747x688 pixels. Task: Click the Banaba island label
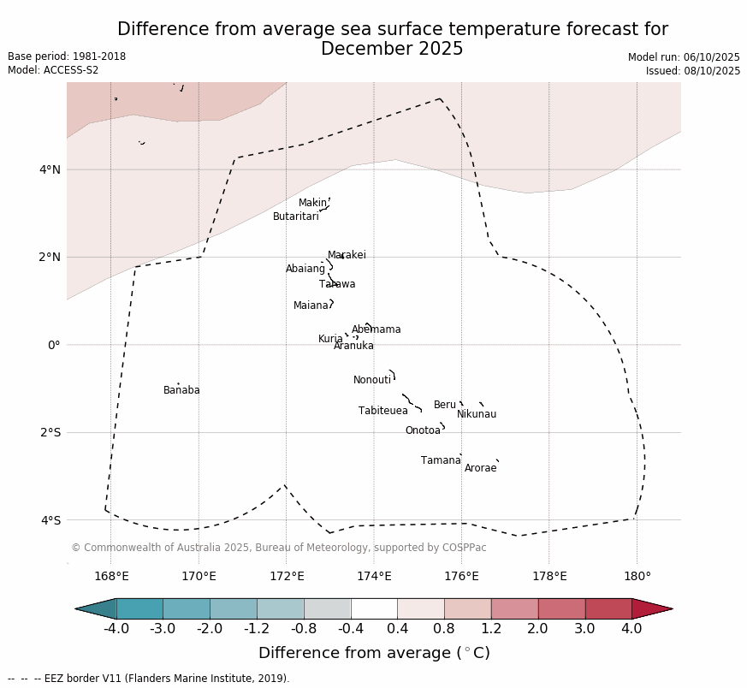pyautogui.click(x=181, y=391)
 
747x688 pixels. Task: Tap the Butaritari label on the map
pyautogui.click(x=295, y=217)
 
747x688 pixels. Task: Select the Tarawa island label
pyautogui.click(x=337, y=285)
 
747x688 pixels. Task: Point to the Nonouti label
pyautogui.click(x=372, y=381)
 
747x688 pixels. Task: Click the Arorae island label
pyautogui.click(x=480, y=469)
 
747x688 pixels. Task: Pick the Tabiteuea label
pyautogui.click(x=382, y=412)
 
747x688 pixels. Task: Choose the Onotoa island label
pyautogui.click(x=423, y=431)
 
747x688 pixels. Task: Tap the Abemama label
pyautogui.click(x=376, y=330)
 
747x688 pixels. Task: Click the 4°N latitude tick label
pyautogui.click(x=50, y=169)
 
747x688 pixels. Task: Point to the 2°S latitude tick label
pyautogui.click(x=50, y=433)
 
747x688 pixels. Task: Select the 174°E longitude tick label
pyautogui.click(x=374, y=577)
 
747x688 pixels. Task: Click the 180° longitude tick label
pyautogui.click(x=637, y=577)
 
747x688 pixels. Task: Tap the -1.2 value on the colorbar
pyautogui.click(x=257, y=629)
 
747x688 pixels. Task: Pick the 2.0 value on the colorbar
pyautogui.click(x=538, y=629)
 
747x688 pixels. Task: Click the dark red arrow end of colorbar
pyautogui.click(x=652, y=608)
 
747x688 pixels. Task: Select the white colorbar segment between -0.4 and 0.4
pyautogui.click(x=374, y=608)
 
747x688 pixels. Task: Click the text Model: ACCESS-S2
pyautogui.click(x=53, y=70)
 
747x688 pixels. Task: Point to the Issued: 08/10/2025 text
pyautogui.click(x=692, y=71)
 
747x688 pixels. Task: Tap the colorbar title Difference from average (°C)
pyautogui.click(x=374, y=654)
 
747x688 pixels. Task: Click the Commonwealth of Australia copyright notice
pyautogui.click(x=278, y=548)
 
